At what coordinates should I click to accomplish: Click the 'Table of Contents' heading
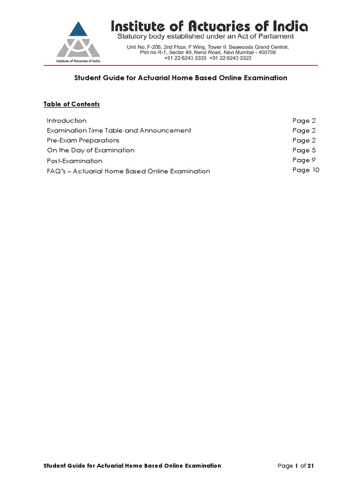pyautogui.click(x=72, y=104)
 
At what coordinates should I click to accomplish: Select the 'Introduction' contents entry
pyautogui.click(x=66, y=120)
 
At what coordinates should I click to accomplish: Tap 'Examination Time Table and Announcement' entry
pyautogui.click(x=119, y=130)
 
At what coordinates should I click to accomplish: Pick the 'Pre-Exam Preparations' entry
pyautogui.click(x=83, y=140)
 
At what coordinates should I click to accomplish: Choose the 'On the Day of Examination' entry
pyautogui.click(x=90, y=150)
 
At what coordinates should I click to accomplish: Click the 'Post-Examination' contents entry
pyautogui.click(x=74, y=161)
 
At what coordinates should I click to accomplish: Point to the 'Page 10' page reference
pyautogui.click(x=305, y=170)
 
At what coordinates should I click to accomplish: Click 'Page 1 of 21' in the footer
pyautogui.click(x=296, y=466)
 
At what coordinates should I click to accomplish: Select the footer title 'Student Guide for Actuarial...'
pyautogui.click(x=132, y=466)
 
